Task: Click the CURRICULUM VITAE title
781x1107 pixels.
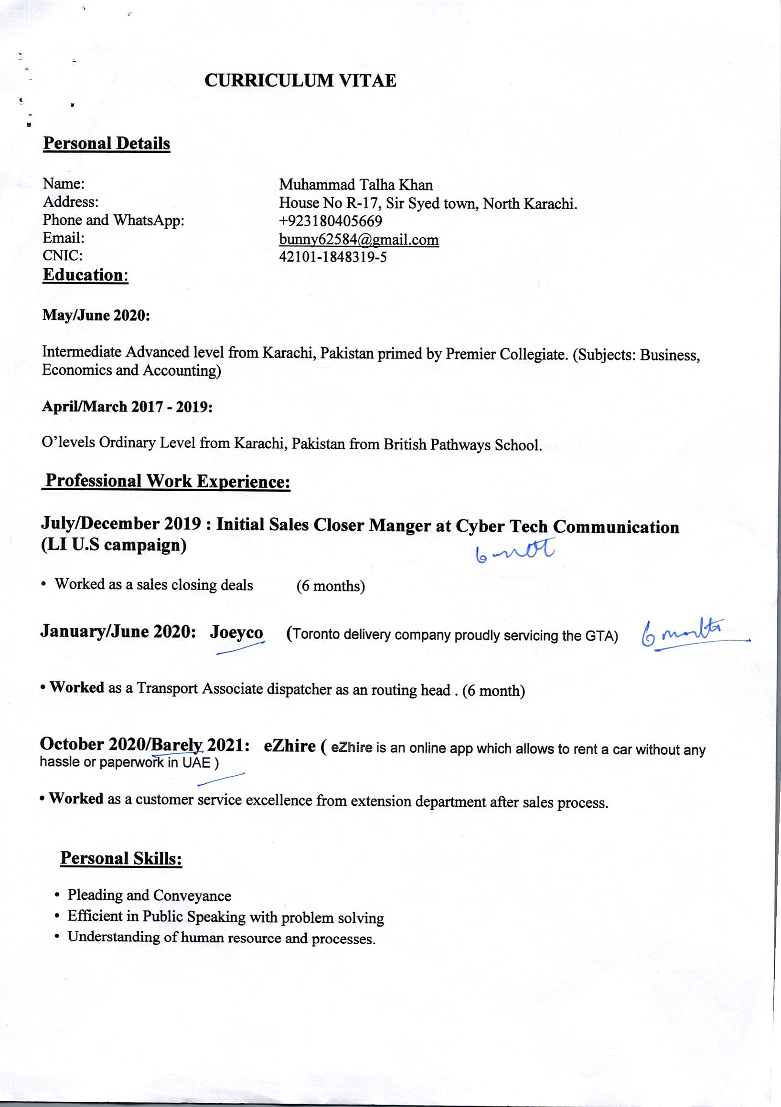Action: coord(300,81)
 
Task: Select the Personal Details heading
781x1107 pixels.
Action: coord(107,144)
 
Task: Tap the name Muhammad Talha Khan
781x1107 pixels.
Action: coord(355,185)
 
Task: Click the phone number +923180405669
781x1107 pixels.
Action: coord(331,221)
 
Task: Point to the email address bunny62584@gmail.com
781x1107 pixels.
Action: coord(359,240)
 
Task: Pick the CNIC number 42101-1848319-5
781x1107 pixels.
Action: coord(333,257)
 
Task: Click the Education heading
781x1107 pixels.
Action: coord(85,275)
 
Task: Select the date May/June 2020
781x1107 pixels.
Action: coord(96,316)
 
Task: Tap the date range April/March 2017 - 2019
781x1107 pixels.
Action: coord(128,406)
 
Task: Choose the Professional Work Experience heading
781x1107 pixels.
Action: coord(167,481)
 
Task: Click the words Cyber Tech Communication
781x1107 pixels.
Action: coord(567,527)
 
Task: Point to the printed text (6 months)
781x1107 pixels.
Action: coord(331,586)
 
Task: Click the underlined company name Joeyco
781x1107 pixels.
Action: coord(236,633)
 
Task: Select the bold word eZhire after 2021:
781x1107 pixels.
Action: coord(290,746)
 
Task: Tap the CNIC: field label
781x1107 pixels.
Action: coord(63,255)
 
